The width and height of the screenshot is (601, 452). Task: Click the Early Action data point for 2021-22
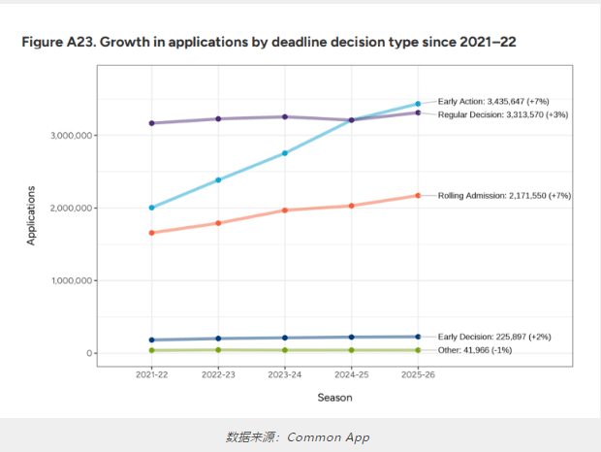[152, 208]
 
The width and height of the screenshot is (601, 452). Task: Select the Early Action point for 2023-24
[285, 153]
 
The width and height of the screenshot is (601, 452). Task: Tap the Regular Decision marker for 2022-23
[218, 119]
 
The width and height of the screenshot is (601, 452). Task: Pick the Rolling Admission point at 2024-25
[351, 206]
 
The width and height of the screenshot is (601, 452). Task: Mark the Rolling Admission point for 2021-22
[152, 233]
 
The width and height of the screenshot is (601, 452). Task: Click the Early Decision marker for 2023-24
[285, 338]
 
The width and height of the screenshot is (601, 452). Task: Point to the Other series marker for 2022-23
[218, 349]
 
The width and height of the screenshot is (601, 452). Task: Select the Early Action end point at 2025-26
[418, 104]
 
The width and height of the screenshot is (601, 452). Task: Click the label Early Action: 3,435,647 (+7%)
[493, 101]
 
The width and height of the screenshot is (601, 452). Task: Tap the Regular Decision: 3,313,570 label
[502, 114]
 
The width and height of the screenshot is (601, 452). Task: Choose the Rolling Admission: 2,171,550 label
[504, 195]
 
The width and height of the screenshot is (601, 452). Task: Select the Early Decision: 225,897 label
[494, 337]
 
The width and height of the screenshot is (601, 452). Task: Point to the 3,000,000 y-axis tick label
[71, 136]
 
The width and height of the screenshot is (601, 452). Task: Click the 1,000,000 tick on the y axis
[71, 281]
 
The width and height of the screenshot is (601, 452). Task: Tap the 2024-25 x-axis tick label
[351, 374]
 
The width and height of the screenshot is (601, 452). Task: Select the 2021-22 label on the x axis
[152, 374]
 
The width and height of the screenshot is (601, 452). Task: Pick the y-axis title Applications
[31, 213]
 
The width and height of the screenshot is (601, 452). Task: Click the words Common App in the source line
[330, 436]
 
